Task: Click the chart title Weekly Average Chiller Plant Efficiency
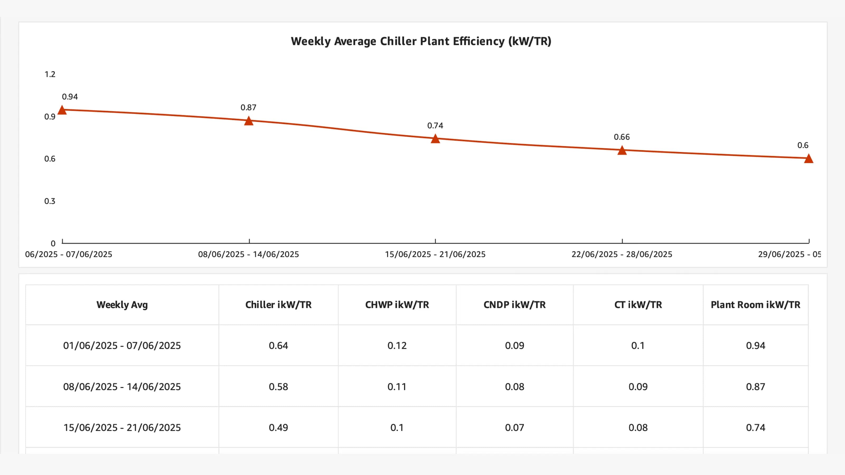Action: (x=421, y=41)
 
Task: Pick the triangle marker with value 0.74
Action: (x=435, y=139)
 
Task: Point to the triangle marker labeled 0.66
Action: (x=622, y=150)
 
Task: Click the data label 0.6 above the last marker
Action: (x=803, y=145)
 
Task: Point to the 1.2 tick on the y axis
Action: (x=50, y=74)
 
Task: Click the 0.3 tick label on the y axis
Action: (x=50, y=201)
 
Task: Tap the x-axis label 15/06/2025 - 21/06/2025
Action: (x=435, y=254)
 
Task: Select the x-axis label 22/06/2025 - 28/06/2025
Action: (x=622, y=254)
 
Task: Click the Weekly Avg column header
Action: (x=122, y=305)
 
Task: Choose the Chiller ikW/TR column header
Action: (x=278, y=305)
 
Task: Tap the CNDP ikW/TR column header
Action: (x=514, y=305)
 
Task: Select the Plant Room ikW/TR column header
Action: (x=755, y=305)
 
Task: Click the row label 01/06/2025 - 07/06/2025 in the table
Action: (x=122, y=345)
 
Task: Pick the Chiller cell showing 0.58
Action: (x=278, y=387)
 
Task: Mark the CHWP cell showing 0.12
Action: (x=397, y=345)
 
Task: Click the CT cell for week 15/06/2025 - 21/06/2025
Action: (x=638, y=427)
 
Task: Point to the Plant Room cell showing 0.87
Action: (x=755, y=387)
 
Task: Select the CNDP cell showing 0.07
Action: (x=514, y=427)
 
